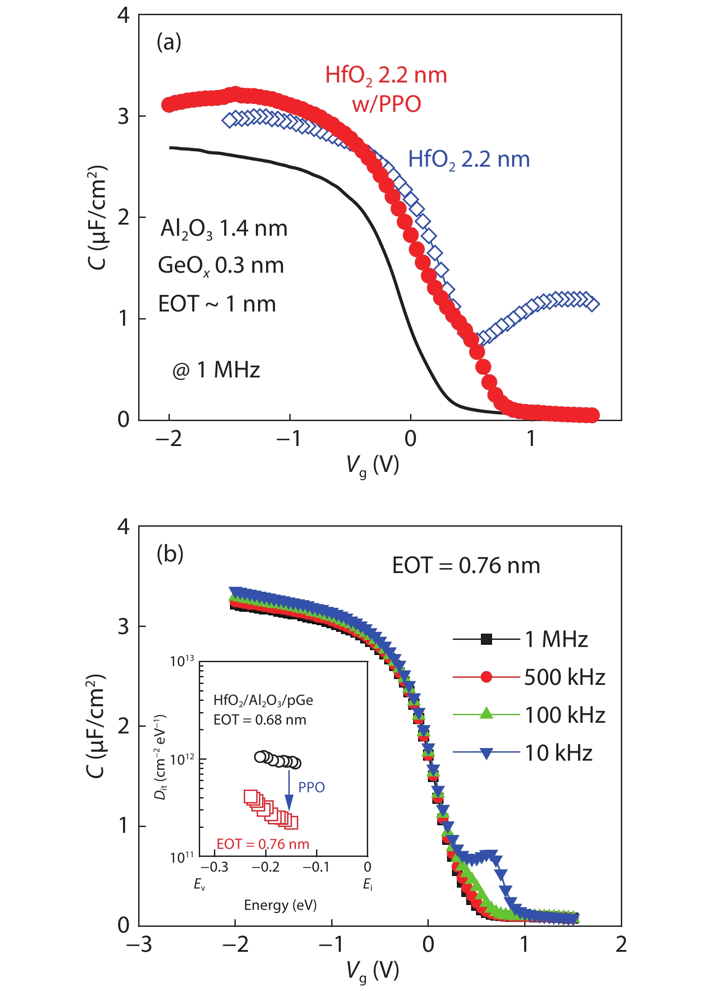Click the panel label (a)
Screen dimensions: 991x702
click(x=169, y=42)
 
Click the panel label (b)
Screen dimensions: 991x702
click(x=170, y=554)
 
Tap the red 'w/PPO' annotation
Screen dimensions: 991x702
click(x=386, y=104)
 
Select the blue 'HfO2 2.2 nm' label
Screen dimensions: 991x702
click(x=469, y=160)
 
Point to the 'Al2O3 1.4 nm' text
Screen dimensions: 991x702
click(x=224, y=229)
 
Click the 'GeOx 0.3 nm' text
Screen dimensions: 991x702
click(x=221, y=266)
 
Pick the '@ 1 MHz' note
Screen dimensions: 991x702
click(x=216, y=370)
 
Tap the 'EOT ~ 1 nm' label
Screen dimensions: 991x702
click(x=217, y=304)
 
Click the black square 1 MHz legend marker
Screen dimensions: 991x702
click(x=487, y=639)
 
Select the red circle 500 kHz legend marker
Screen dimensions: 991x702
click(x=487, y=677)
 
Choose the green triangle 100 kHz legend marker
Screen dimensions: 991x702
click(x=487, y=714)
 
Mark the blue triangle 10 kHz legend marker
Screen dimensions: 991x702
click(x=487, y=753)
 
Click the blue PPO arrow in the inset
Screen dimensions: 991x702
click(x=289, y=789)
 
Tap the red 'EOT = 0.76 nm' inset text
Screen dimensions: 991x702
click(x=263, y=844)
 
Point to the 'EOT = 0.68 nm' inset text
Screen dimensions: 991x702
click(x=260, y=720)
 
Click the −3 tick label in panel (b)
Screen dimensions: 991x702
click(x=139, y=944)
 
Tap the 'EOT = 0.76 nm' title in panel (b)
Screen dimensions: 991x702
click(x=466, y=565)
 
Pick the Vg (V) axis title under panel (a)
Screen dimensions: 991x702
click(x=373, y=466)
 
